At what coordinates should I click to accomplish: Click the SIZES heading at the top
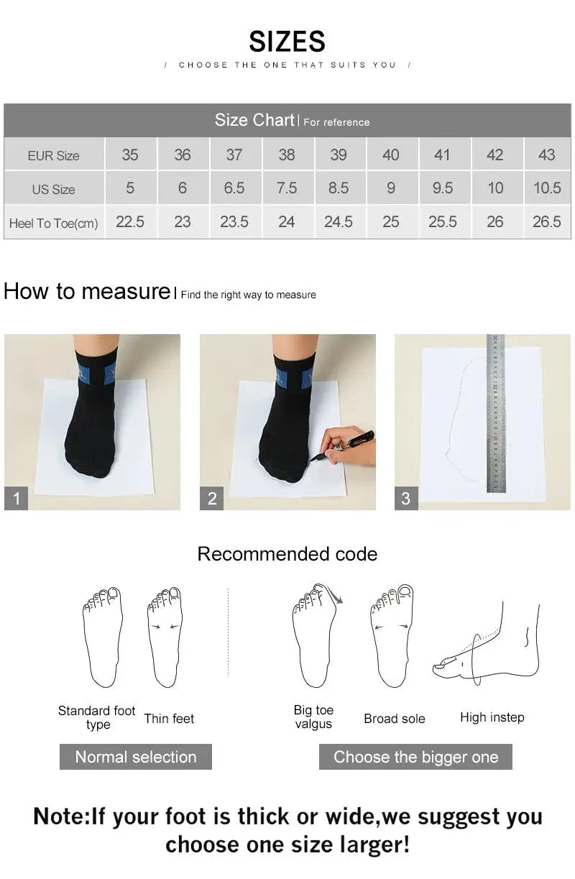coord(287,42)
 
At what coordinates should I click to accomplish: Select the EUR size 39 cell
coord(338,155)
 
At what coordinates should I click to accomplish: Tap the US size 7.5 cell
coord(286,188)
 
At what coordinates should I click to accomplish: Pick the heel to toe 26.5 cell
coord(546,222)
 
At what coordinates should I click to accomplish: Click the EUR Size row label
coord(54,155)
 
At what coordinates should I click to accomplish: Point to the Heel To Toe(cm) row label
coord(54,223)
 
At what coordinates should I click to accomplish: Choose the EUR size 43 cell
coord(546,155)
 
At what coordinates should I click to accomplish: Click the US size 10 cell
coord(494,188)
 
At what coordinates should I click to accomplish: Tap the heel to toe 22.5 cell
coord(130,222)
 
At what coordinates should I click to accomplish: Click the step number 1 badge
coord(16,498)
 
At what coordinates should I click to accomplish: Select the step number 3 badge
coord(406,498)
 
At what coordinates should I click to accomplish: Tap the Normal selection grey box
coord(135,757)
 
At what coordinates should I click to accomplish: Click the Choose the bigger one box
coord(415,757)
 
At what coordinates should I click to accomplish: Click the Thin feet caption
coord(169,719)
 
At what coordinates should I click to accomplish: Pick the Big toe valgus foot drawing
coord(315,636)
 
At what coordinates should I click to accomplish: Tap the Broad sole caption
coord(394,719)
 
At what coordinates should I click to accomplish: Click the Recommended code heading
coord(287,554)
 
